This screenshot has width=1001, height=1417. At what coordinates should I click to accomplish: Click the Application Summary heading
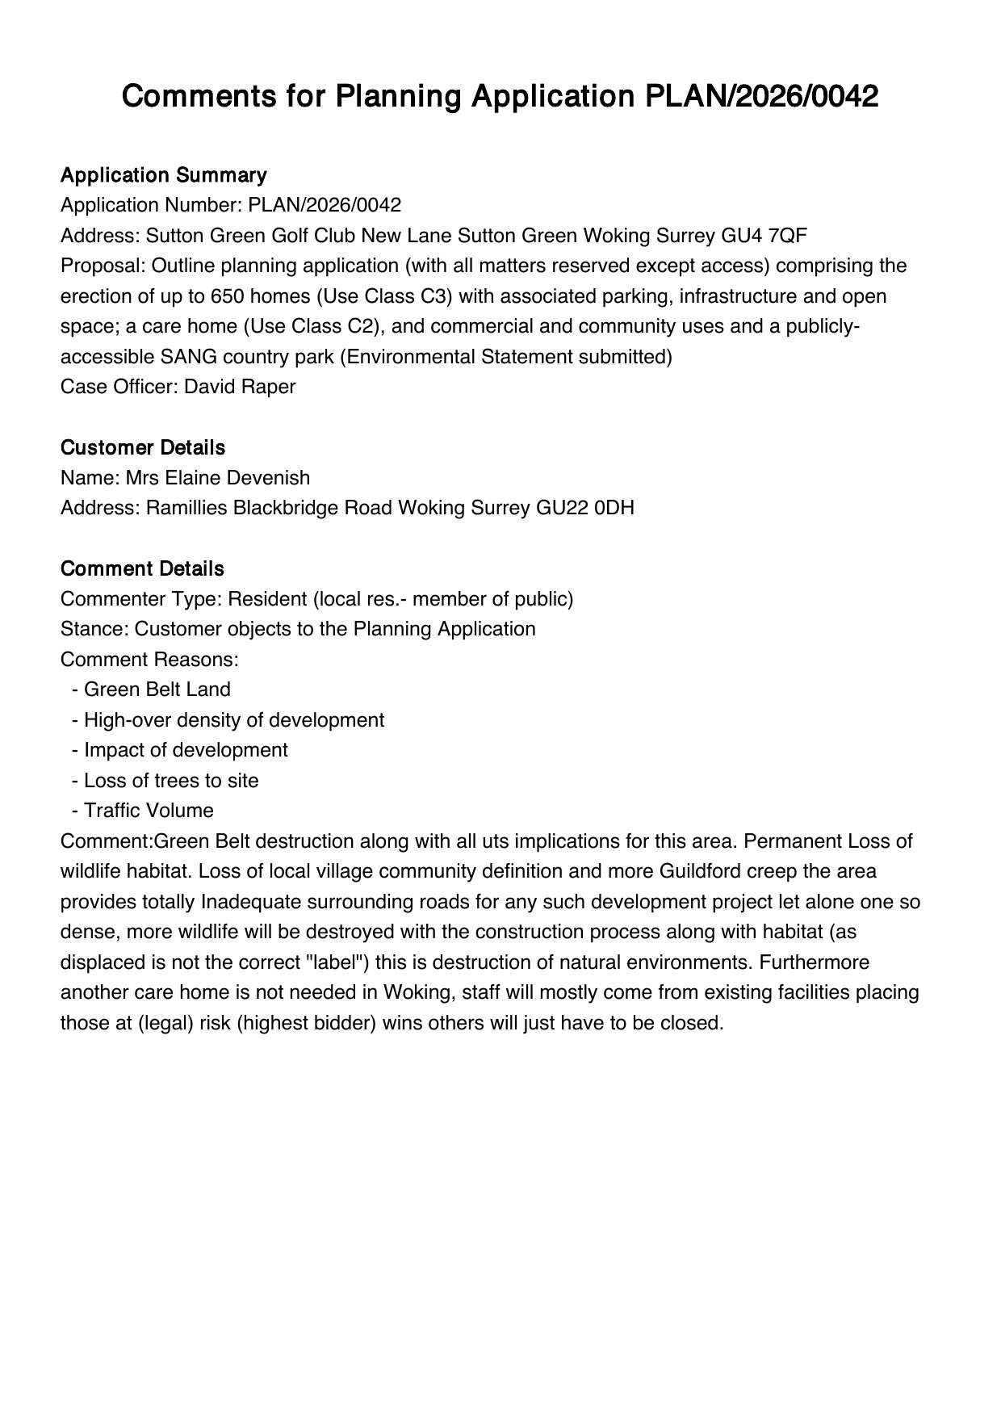point(163,175)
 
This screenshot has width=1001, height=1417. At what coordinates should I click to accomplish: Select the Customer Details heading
point(143,448)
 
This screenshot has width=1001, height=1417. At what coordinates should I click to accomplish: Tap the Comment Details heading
point(142,569)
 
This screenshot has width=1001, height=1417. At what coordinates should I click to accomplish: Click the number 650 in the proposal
point(227,296)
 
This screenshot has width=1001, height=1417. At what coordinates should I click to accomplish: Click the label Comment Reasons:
point(149,660)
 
